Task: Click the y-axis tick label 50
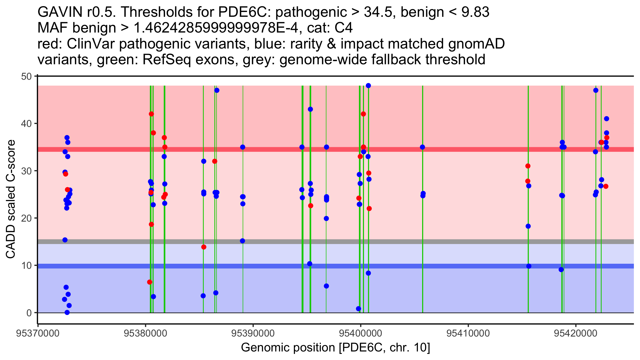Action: [26, 76]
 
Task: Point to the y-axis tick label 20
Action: [26, 218]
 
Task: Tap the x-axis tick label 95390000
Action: [253, 333]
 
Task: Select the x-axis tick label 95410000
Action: [468, 333]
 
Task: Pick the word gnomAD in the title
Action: [476, 44]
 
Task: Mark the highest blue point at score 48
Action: [368, 86]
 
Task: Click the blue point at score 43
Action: [310, 109]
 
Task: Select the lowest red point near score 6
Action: [150, 282]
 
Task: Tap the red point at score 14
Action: [204, 247]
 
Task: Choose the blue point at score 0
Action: [67, 313]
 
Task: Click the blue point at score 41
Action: [606, 119]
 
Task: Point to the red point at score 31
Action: [528, 166]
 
